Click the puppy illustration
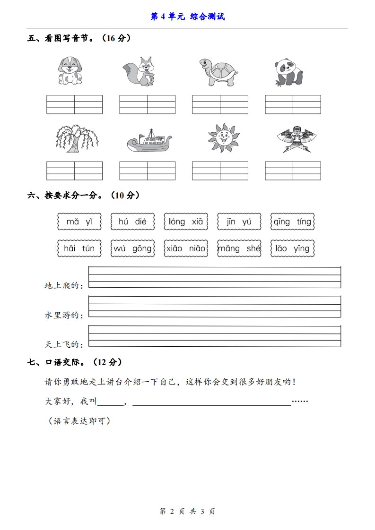[x=70, y=71]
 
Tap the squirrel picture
[x=140, y=72]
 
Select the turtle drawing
[x=218, y=72]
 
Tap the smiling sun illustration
[x=224, y=137]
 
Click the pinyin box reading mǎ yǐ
[x=79, y=222]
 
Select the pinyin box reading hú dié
[x=133, y=222]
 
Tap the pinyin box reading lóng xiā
[x=186, y=222]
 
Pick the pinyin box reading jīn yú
[x=239, y=222]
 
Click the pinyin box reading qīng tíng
[x=293, y=222]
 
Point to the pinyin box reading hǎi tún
[x=79, y=248]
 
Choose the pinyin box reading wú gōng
[x=133, y=248]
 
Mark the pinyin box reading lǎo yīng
[x=293, y=248]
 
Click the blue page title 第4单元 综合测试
[x=187, y=17]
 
